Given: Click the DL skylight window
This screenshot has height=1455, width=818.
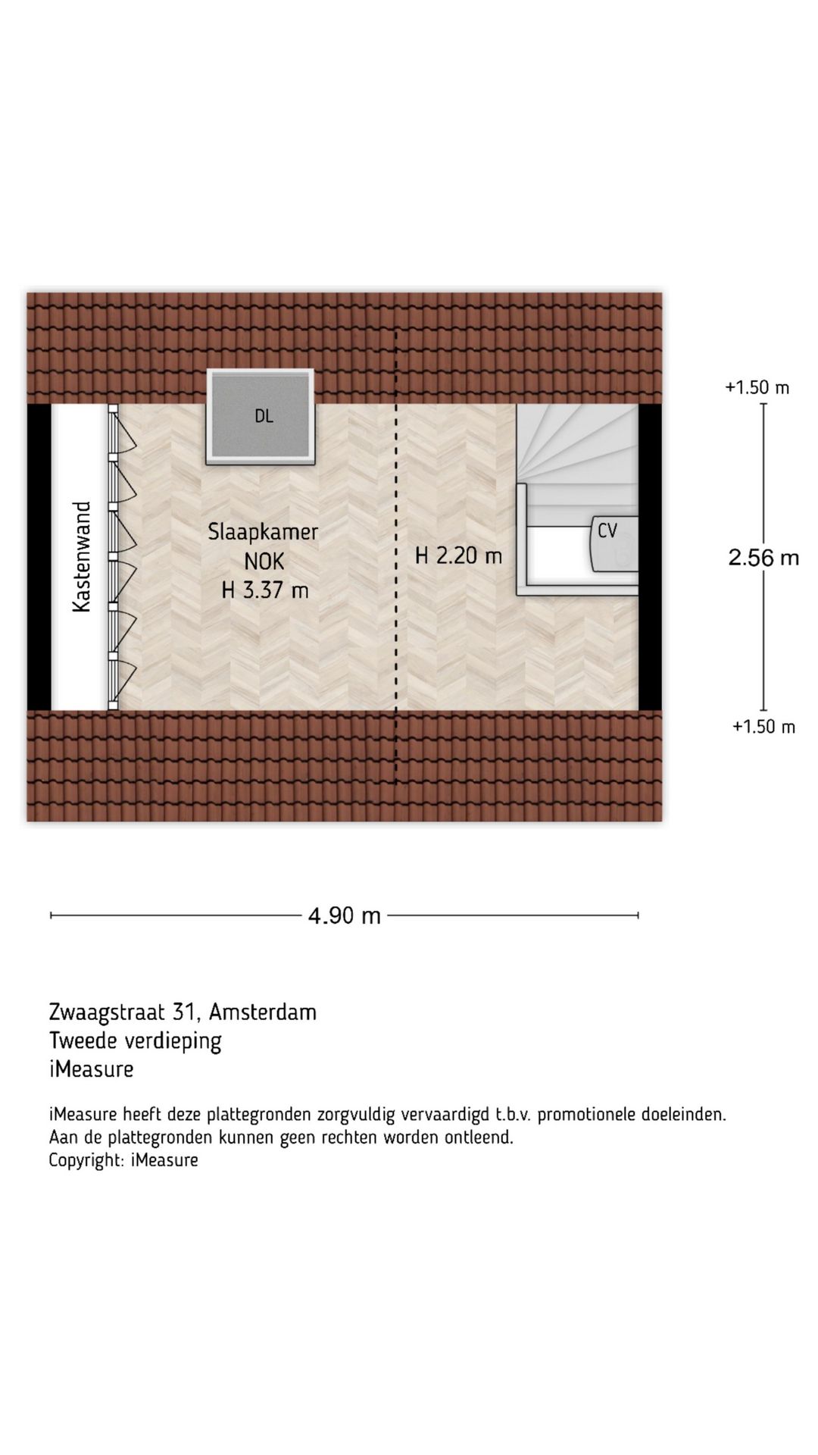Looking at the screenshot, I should coord(260,416).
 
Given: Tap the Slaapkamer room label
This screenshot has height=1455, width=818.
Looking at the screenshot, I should coord(263,531).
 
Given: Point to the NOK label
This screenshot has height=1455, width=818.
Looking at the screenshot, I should coord(264,561).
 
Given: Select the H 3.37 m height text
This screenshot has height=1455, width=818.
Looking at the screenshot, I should coord(264,590).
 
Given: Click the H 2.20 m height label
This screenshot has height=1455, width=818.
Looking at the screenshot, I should coord(458,555).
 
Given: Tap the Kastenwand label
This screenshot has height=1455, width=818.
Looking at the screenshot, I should coord(81,556).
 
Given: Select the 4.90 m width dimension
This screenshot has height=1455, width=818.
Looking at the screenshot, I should coord(344,915).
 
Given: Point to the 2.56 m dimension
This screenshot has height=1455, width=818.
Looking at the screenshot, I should coord(763,558).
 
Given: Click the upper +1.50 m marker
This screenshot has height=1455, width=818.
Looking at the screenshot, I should coord(757,387).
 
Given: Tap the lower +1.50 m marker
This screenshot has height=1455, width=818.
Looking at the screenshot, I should coord(763,727).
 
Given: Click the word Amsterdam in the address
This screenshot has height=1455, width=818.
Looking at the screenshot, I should coord(263,1012).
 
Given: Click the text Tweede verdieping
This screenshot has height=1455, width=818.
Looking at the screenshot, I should coord(135,1040).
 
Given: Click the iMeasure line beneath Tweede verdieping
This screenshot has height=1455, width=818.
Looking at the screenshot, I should coord(91,1069).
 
